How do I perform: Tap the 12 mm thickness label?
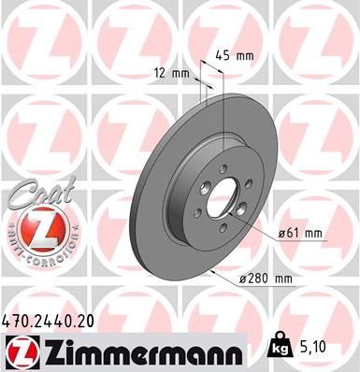(x=169, y=73)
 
